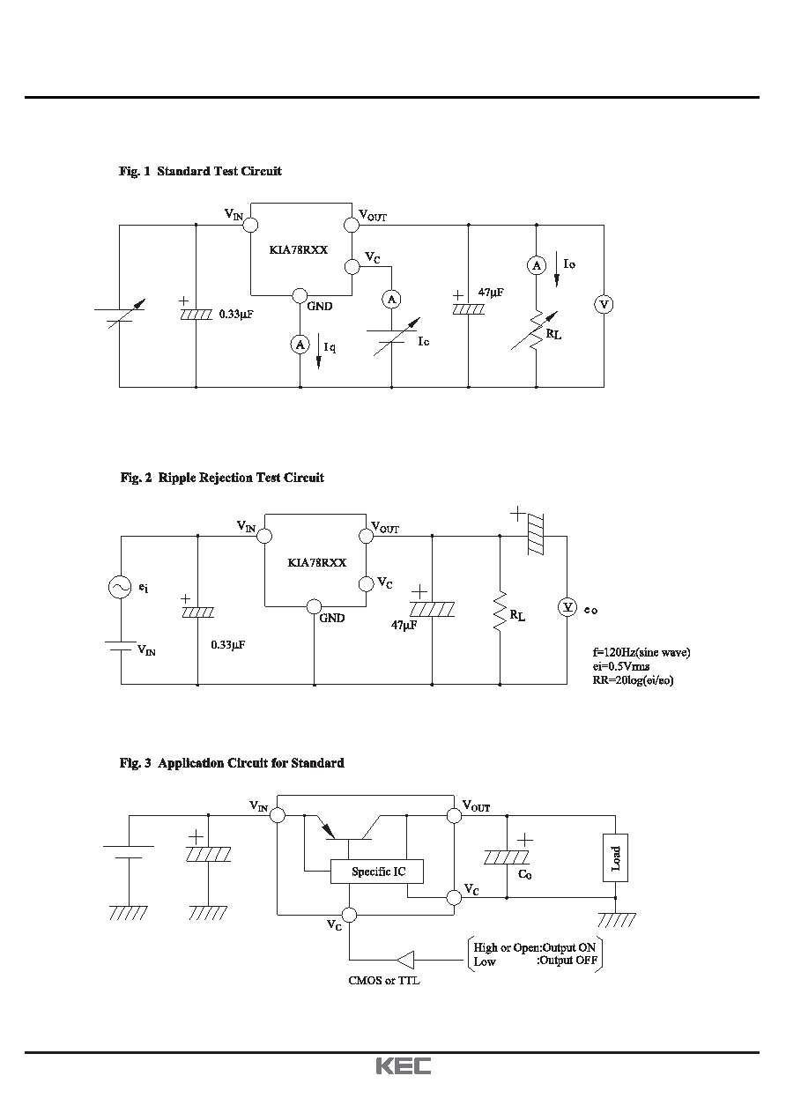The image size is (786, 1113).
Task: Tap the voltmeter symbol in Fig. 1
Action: coord(604,304)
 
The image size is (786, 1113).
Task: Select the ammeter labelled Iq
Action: coord(300,345)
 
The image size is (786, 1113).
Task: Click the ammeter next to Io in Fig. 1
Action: coord(537,265)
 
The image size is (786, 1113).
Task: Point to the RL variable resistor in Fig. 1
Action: coord(536,330)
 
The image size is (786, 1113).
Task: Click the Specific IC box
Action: coord(377,872)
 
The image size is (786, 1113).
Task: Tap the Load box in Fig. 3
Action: coord(615,857)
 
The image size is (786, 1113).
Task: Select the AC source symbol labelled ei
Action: coord(120,587)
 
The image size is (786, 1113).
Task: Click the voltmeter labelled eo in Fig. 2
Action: coord(567,606)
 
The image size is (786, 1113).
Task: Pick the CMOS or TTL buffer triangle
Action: coord(406,960)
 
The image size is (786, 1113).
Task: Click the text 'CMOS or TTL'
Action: coord(384,980)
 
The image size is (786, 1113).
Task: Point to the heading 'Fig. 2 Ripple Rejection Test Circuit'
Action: coord(222,478)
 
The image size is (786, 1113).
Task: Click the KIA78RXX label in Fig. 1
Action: coord(299,249)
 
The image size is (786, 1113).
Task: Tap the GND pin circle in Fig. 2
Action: coord(314,606)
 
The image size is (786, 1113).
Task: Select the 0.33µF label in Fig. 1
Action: coord(236,314)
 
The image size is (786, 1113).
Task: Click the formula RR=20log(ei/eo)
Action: coord(633,680)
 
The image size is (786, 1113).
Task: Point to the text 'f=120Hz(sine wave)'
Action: coord(641,652)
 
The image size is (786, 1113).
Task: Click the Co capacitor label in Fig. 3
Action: coord(524,874)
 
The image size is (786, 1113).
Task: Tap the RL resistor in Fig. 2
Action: coord(500,611)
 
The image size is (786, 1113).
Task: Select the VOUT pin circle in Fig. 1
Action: coord(352,225)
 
